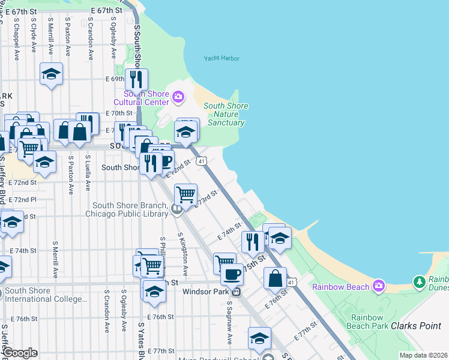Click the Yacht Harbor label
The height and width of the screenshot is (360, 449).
[221, 58]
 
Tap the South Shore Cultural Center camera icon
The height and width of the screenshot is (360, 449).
[178, 96]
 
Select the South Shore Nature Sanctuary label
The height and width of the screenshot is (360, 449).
[226, 115]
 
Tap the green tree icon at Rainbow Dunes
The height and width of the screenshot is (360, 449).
[419, 281]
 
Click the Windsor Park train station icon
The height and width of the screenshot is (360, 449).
[237, 292]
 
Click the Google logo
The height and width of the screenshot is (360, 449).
[19, 353]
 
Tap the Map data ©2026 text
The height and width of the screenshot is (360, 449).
[423, 355]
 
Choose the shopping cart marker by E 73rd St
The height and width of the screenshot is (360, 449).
[186, 194]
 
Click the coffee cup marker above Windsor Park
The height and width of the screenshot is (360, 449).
[232, 274]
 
